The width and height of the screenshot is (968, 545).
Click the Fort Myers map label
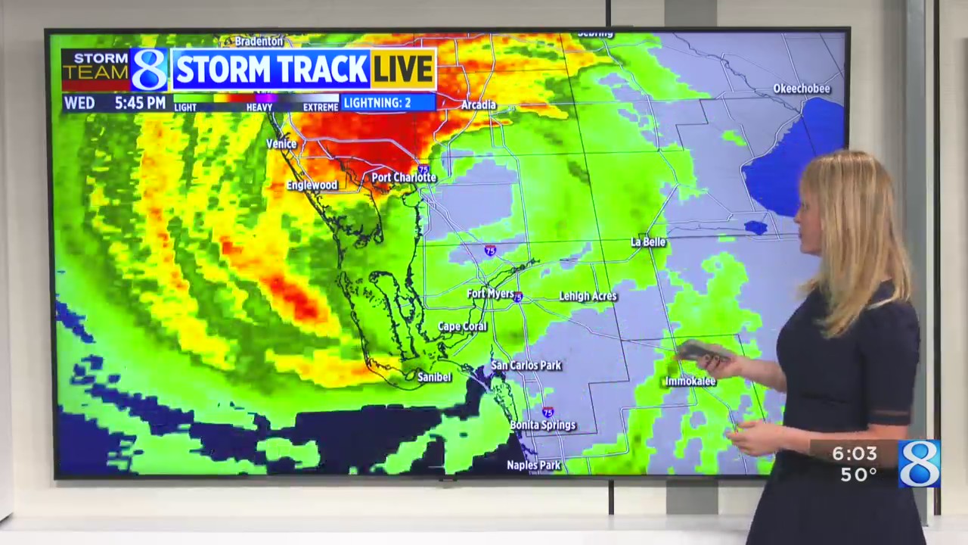[490, 294]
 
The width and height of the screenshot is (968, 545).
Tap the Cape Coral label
[462, 327]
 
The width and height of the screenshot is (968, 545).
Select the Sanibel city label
[434, 377]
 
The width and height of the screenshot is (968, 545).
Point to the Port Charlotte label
[404, 177]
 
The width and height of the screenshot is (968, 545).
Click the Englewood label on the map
[312, 185]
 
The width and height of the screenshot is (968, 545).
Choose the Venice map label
[281, 144]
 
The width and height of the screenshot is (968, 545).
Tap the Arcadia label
[478, 104]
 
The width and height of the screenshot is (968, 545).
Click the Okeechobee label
[802, 89]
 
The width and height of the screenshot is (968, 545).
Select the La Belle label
[648, 241]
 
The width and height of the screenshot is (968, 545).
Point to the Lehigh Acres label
[588, 296]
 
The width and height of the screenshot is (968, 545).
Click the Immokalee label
[690, 381]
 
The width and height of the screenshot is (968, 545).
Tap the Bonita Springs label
[542, 425]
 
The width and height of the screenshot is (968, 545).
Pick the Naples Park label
[533, 466]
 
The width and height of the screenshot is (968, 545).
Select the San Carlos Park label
[526, 366]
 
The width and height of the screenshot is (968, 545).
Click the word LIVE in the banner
[402, 70]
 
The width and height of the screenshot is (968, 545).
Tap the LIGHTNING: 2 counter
[387, 102]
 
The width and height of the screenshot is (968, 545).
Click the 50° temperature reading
[858, 475]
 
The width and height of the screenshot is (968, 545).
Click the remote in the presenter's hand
[703, 350]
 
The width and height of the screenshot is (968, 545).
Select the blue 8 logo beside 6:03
[919, 462]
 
